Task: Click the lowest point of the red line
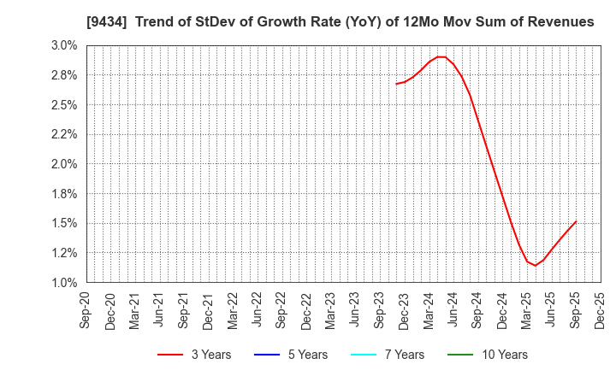[536, 266]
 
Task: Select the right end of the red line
[576, 221]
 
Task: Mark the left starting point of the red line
[396, 84]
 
